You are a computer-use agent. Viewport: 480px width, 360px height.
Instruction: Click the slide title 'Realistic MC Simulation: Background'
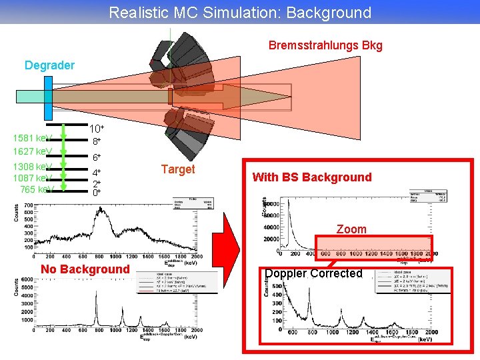[x=240, y=12]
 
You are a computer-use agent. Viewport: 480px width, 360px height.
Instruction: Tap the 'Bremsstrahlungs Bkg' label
[x=325, y=45]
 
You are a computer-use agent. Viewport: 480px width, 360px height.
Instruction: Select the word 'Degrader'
[x=49, y=65]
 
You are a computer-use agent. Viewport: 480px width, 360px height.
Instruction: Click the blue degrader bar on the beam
[x=48, y=96]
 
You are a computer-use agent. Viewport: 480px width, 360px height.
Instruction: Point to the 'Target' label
[x=178, y=169]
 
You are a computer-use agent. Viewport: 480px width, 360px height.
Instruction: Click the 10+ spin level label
[x=97, y=128]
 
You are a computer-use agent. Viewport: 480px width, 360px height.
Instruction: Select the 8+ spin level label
[x=97, y=141]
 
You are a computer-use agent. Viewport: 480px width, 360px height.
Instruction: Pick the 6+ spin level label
[x=97, y=157]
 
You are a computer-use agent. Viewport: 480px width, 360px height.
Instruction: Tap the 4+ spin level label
[x=97, y=173]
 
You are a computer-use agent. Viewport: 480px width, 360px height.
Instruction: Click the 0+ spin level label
[x=97, y=192]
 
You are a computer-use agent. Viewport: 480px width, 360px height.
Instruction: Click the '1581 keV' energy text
[x=32, y=139]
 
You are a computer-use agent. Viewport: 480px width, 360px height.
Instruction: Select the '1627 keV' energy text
[x=32, y=151]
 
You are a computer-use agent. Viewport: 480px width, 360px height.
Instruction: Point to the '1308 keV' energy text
[x=32, y=166]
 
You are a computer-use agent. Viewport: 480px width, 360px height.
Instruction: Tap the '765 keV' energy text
[x=37, y=189]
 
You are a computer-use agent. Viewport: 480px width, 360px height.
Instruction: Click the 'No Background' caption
[x=85, y=269]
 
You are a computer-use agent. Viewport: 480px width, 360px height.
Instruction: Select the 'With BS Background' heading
[x=311, y=177]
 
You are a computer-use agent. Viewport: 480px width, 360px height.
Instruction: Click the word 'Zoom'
[x=351, y=229]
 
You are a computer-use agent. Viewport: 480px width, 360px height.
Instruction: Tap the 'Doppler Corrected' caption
[x=313, y=273]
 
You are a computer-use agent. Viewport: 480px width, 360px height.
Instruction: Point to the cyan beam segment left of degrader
[x=30, y=96]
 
